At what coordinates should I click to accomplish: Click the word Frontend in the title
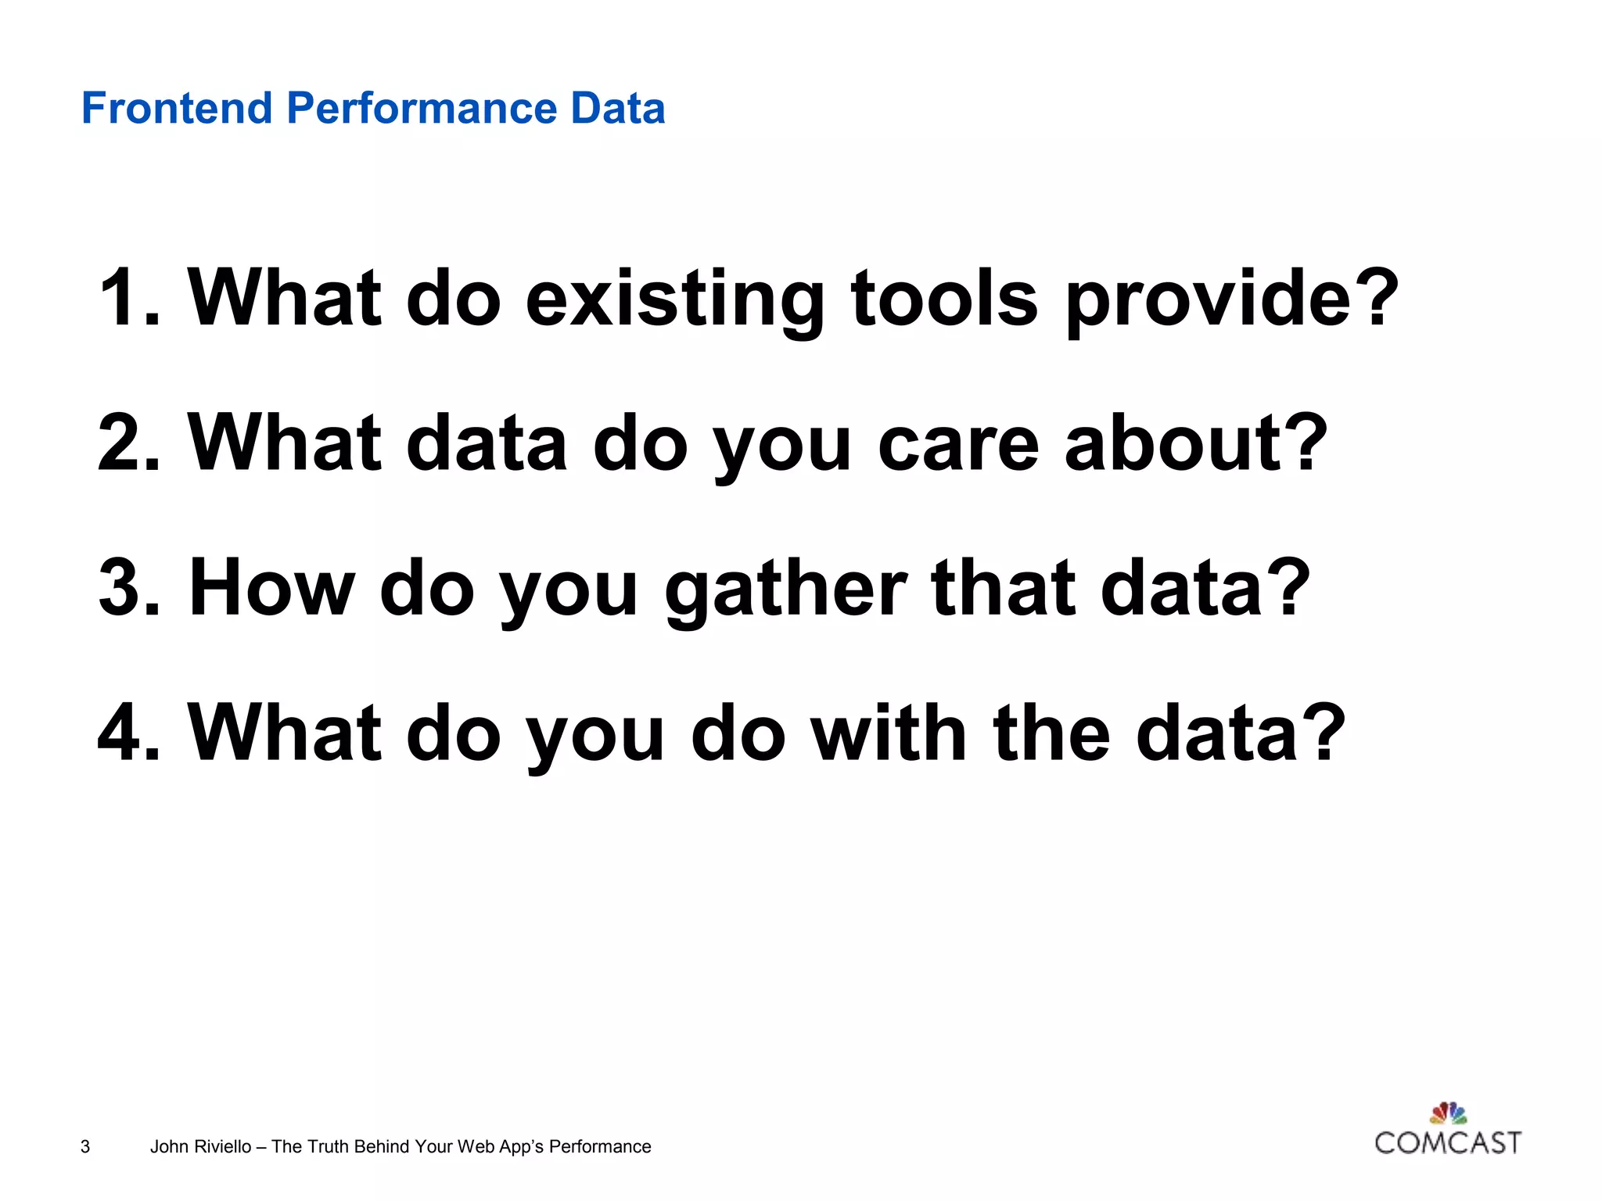click(177, 108)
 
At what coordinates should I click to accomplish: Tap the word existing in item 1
click(673, 300)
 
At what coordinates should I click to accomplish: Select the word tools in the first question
click(944, 299)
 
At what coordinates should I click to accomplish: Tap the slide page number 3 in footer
click(85, 1147)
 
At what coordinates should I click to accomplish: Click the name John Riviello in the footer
click(200, 1147)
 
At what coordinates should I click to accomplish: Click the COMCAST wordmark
click(1448, 1143)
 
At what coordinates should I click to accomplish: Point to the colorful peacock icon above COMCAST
click(1449, 1113)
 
